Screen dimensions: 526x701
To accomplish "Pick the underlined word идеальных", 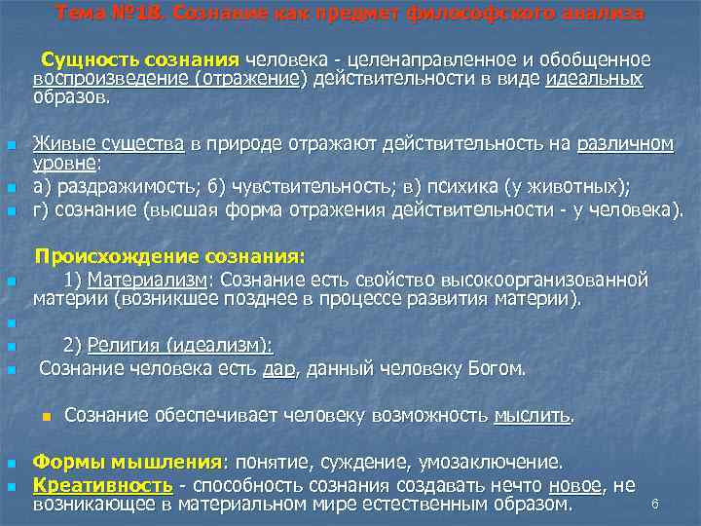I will [595, 80].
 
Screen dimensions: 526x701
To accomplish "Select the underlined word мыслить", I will [532, 417].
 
